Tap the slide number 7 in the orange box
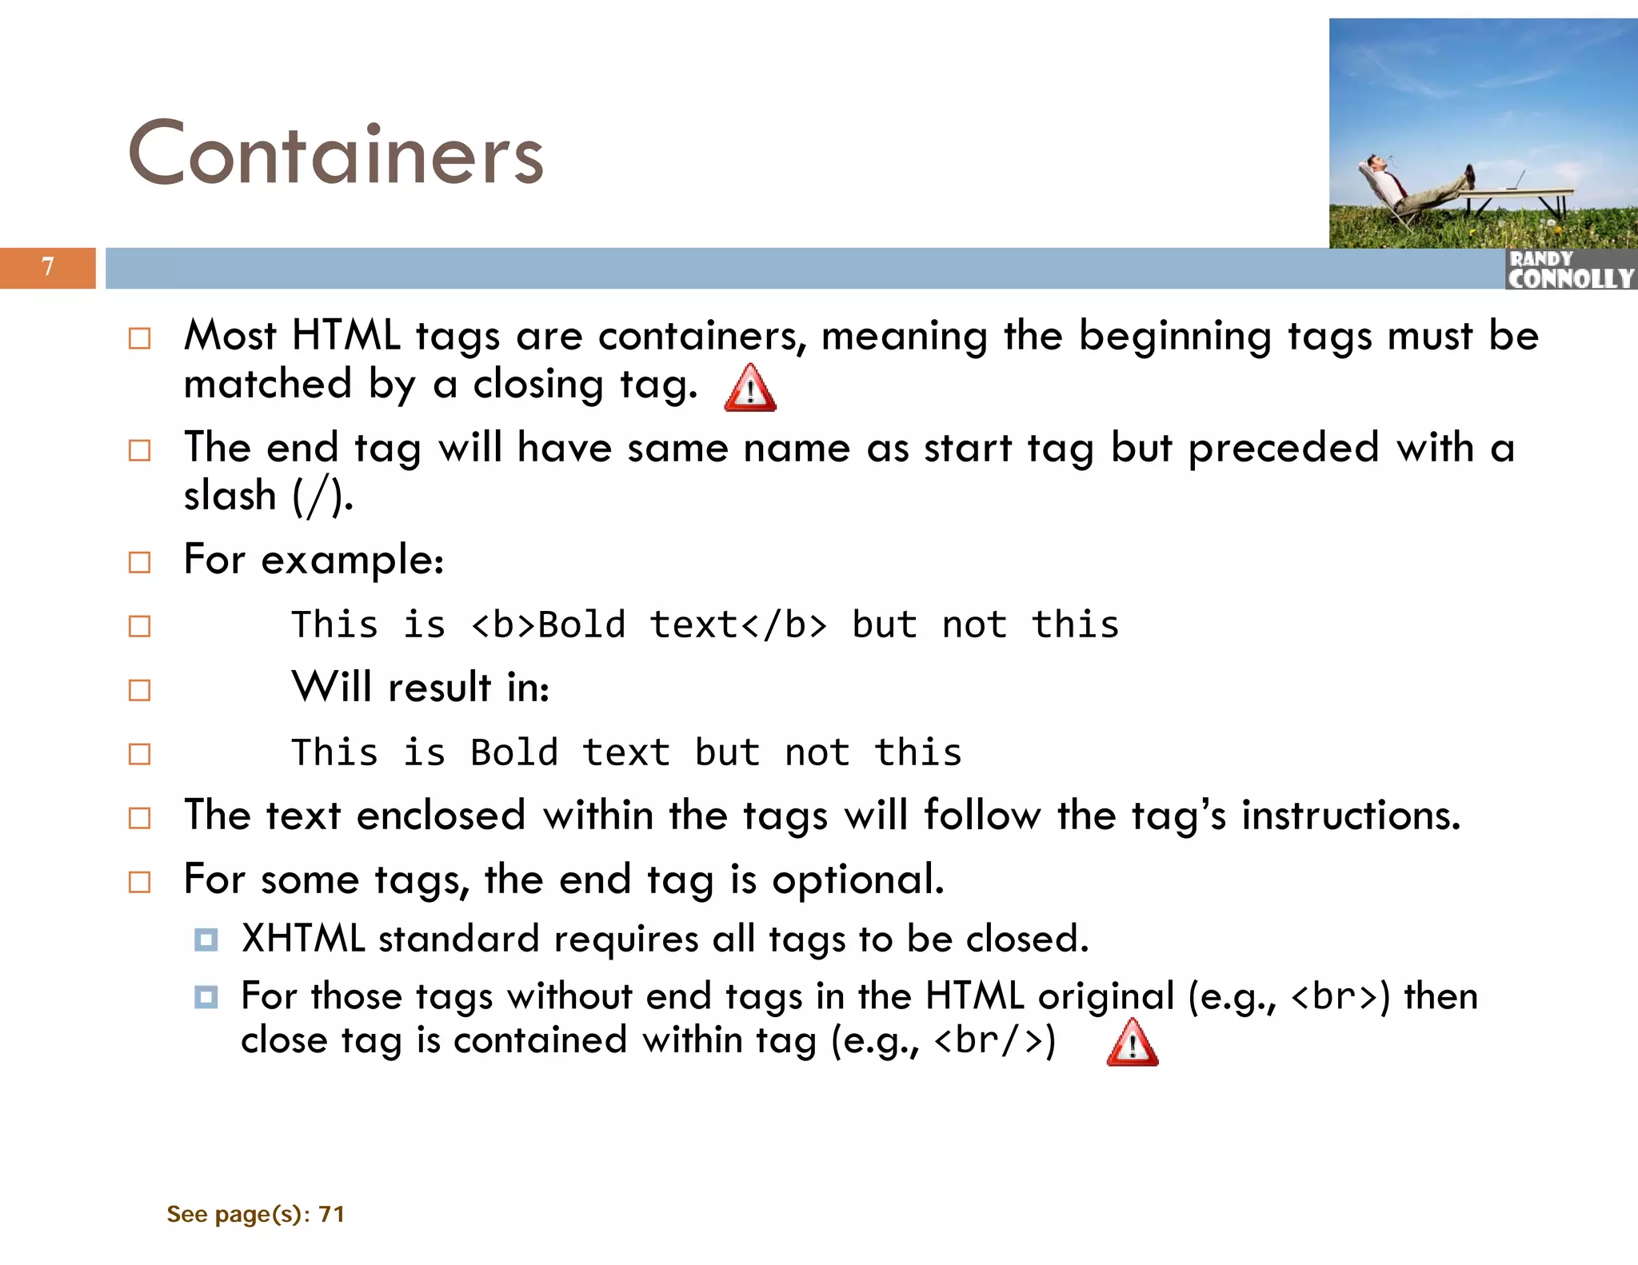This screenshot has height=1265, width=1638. (48, 267)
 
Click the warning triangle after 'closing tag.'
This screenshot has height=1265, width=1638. (750, 389)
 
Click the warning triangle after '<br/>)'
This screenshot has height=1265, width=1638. (1133, 1044)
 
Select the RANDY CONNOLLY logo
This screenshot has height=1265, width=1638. (1570, 269)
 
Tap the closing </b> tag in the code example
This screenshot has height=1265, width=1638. (785, 625)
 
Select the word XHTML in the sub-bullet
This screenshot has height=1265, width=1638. (303, 939)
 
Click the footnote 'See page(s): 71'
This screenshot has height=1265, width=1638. (255, 1214)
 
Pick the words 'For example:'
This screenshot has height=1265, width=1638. (314, 560)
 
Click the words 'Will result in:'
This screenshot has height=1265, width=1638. (421, 688)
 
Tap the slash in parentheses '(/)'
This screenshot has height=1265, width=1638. (320, 497)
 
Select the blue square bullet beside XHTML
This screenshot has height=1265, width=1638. (206, 940)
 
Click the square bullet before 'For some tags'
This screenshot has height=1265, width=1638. (140, 882)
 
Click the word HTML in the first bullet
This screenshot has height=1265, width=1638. (346, 335)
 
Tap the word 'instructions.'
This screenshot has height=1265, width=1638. (1351, 816)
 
